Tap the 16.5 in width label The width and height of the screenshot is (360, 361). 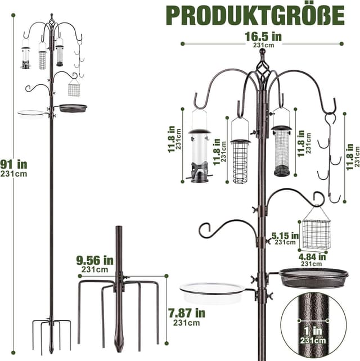point(262,38)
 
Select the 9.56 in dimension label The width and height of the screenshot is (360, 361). point(96,262)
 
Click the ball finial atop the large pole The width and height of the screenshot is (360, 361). point(262,52)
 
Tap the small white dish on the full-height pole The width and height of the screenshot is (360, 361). point(33,114)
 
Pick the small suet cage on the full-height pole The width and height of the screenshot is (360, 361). point(74,88)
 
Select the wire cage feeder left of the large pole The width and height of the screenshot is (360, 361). point(241,160)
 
